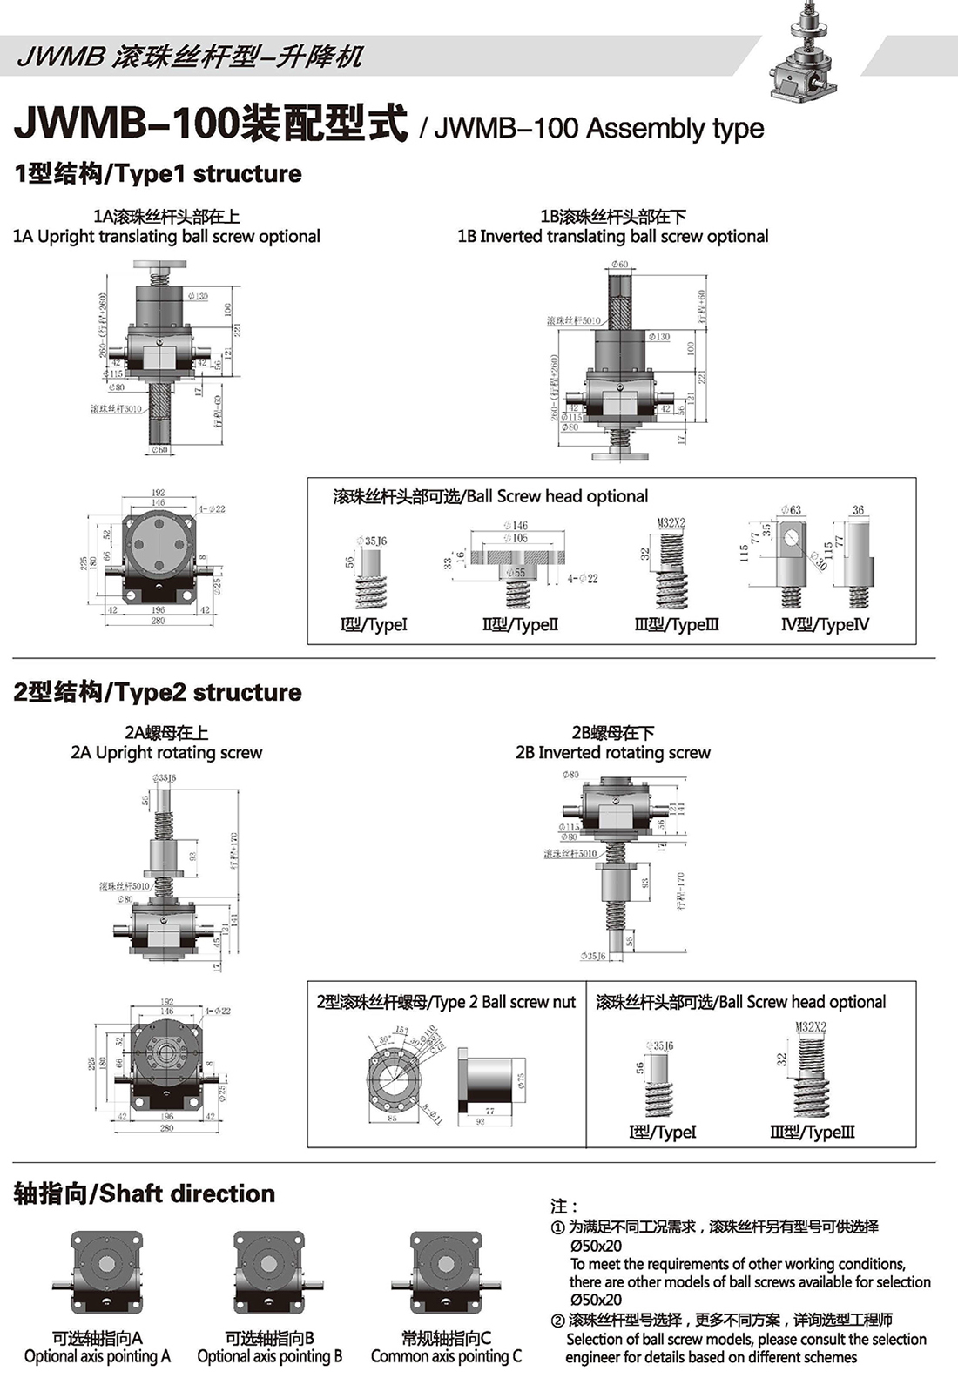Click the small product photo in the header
[806, 52]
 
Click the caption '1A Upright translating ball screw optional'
[166, 237]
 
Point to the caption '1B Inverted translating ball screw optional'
[613, 237]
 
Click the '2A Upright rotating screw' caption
[166, 753]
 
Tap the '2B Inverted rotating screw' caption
[613, 753]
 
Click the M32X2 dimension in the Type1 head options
[671, 523]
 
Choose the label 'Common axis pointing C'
[446, 1356]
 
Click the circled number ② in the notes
[557, 1321]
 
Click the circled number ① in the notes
[557, 1227]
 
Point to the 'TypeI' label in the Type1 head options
[373, 624]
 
